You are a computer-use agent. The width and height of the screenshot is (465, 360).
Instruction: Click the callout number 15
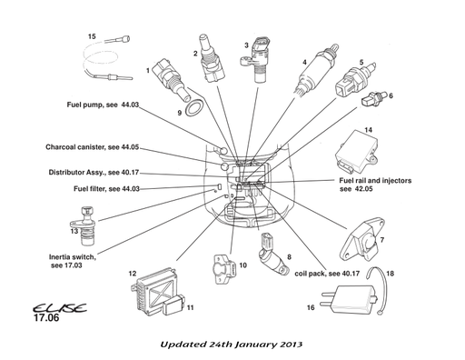[92, 35]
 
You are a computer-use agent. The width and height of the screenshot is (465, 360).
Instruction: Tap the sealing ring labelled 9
[193, 112]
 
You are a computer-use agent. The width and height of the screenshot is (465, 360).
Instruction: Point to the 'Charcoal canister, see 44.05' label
[92, 146]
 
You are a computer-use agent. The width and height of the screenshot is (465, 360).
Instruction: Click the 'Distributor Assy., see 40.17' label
[94, 172]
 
